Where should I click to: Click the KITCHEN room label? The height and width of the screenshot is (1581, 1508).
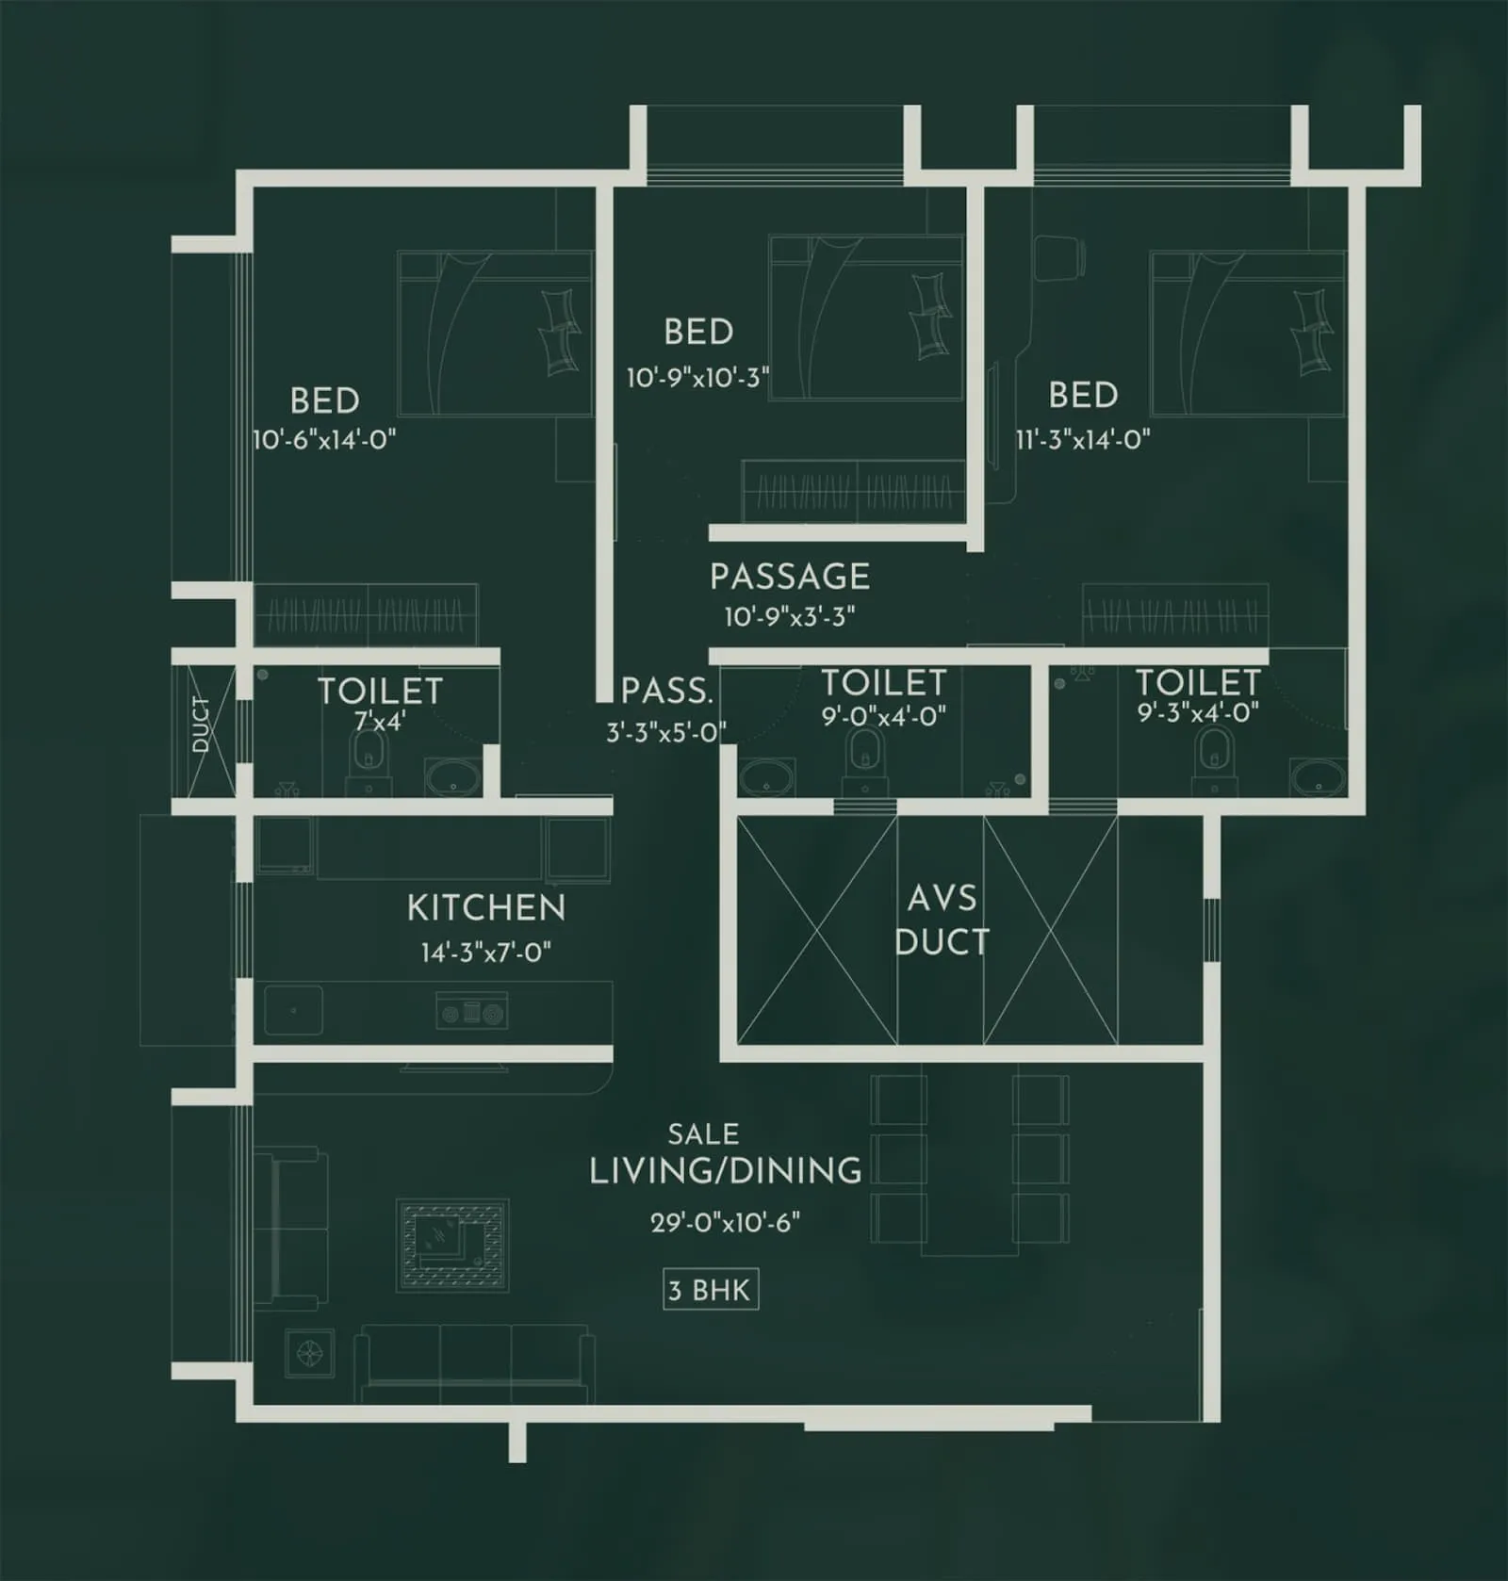click(x=486, y=908)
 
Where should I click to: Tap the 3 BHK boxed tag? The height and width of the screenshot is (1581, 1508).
click(x=710, y=1290)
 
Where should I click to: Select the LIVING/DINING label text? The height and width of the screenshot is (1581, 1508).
click(x=725, y=1171)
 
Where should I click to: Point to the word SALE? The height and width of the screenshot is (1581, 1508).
click(x=703, y=1134)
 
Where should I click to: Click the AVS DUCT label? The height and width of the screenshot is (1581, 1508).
click(x=942, y=921)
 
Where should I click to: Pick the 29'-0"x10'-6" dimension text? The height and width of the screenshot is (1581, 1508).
click(x=725, y=1223)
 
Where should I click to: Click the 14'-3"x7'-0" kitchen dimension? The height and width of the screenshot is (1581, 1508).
click(x=485, y=953)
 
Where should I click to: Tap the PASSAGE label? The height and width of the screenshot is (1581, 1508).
click(x=790, y=577)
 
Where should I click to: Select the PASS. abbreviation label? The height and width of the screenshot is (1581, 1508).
click(x=666, y=692)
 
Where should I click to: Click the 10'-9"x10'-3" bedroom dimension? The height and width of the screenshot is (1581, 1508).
click(x=698, y=378)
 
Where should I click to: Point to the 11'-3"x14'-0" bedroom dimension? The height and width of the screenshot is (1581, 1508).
click(x=1083, y=439)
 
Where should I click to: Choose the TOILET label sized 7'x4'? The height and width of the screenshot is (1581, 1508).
click(x=380, y=692)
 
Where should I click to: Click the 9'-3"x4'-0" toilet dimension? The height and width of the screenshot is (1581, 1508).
click(x=1198, y=712)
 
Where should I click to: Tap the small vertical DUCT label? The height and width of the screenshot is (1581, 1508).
click(x=201, y=725)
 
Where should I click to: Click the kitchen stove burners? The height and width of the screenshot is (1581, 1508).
click(x=472, y=1013)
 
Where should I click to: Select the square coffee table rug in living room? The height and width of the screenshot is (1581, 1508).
click(x=452, y=1246)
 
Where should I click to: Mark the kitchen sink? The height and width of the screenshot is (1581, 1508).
click(x=293, y=1010)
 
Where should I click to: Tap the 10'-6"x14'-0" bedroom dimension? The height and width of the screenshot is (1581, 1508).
click(x=324, y=439)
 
